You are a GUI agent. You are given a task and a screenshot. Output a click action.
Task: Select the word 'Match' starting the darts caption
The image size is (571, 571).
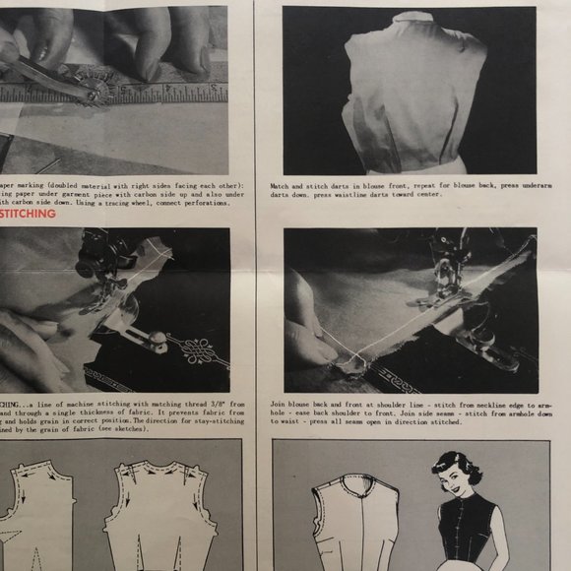(x=281, y=184)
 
